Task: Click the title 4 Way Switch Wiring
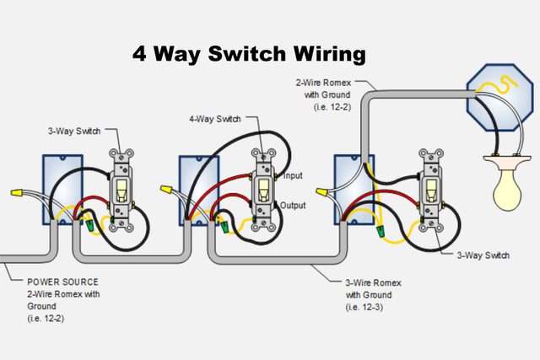(x=249, y=54)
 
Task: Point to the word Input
(x=293, y=175)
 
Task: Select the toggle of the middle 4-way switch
(x=263, y=191)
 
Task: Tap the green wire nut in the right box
(x=381, y=228)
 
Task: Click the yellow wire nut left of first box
(x=16, y=194)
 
